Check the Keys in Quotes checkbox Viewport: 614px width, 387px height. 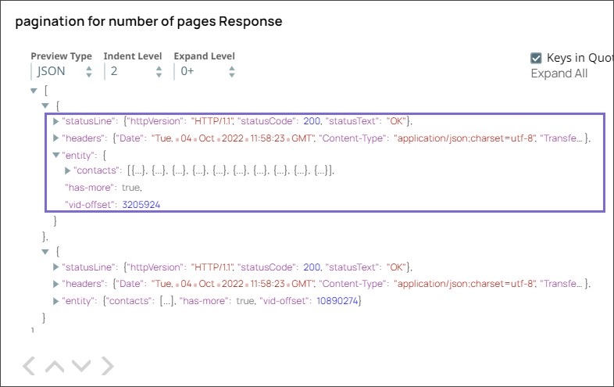(x=536, y=58)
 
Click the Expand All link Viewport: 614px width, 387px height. (x=559, y=73)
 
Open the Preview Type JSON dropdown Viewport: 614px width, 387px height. (x=63, y=71)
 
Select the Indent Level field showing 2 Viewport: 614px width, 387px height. (x=136, y=71)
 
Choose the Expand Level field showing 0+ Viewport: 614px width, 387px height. (x=205, y=71)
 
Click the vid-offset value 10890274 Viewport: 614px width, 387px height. (x=338, y=301)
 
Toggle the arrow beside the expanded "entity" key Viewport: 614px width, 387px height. (x=55, y=155)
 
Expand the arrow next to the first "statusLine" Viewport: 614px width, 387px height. (x=55, y=121)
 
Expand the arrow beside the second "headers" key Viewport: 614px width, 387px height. (x=55, y=284)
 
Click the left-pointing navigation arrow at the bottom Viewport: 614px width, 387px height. (x=28, y=365)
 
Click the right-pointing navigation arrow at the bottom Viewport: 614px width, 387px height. (x=108, y=365)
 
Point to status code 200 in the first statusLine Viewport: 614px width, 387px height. (x=312, y=121)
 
